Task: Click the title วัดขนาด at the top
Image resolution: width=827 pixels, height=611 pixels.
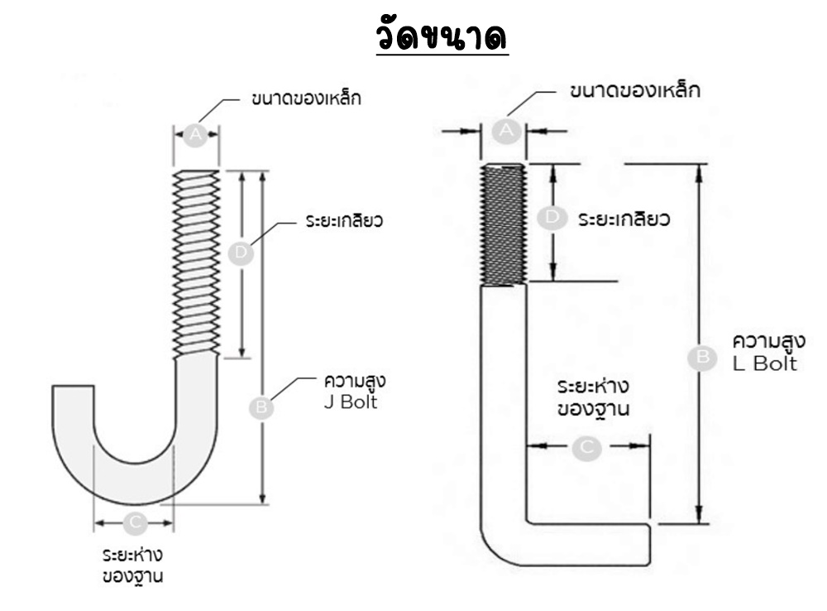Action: coord(442,37)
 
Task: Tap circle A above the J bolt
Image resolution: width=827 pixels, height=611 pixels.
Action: coord(196,134)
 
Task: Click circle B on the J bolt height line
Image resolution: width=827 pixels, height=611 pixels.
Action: coord(262,407)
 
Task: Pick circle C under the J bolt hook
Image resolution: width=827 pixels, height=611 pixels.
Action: coord(135,522)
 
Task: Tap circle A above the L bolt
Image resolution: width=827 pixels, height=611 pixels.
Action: coord(506,130)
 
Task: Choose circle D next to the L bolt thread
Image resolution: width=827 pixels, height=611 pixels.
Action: coord(552,218)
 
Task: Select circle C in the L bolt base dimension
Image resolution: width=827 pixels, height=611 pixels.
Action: coord(587,447)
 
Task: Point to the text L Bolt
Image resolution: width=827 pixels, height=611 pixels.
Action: coord(765,363)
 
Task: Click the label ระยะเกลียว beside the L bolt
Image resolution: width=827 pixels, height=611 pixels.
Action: coord(623,220)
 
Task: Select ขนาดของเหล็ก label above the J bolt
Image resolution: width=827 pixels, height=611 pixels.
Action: coord(306,99)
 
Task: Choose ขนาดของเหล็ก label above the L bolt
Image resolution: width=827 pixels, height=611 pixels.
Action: coord(635,91)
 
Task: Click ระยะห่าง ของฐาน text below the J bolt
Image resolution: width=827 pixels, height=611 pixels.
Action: coord(132,565)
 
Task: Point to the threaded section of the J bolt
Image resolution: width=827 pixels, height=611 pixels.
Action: coord(197,263)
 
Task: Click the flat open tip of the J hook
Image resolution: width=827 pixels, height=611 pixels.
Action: coord(73,387)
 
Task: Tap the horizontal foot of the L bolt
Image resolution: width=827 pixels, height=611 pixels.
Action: coord(587,543)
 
